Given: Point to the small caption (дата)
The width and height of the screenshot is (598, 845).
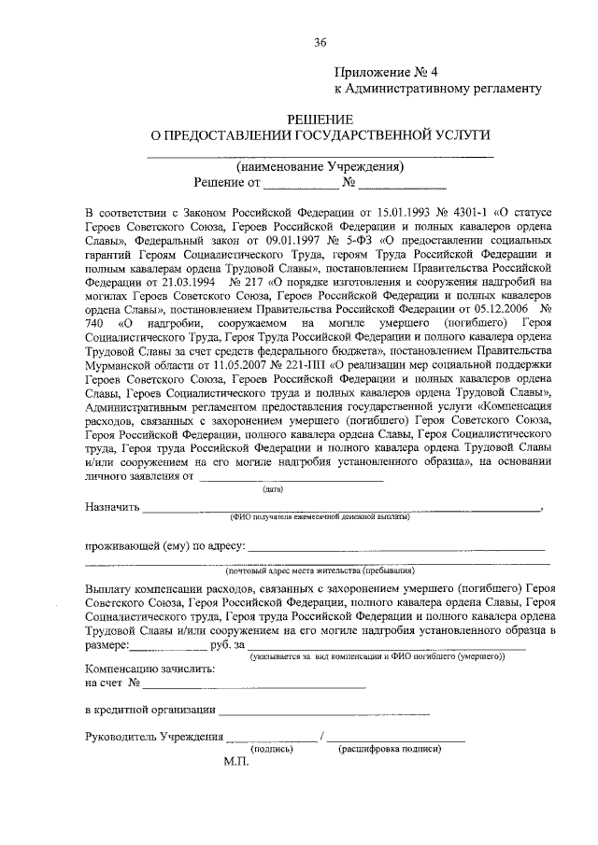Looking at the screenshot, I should [x=273, y=488].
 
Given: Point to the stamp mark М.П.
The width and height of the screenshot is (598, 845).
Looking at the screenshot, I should [x=237, y=763].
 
